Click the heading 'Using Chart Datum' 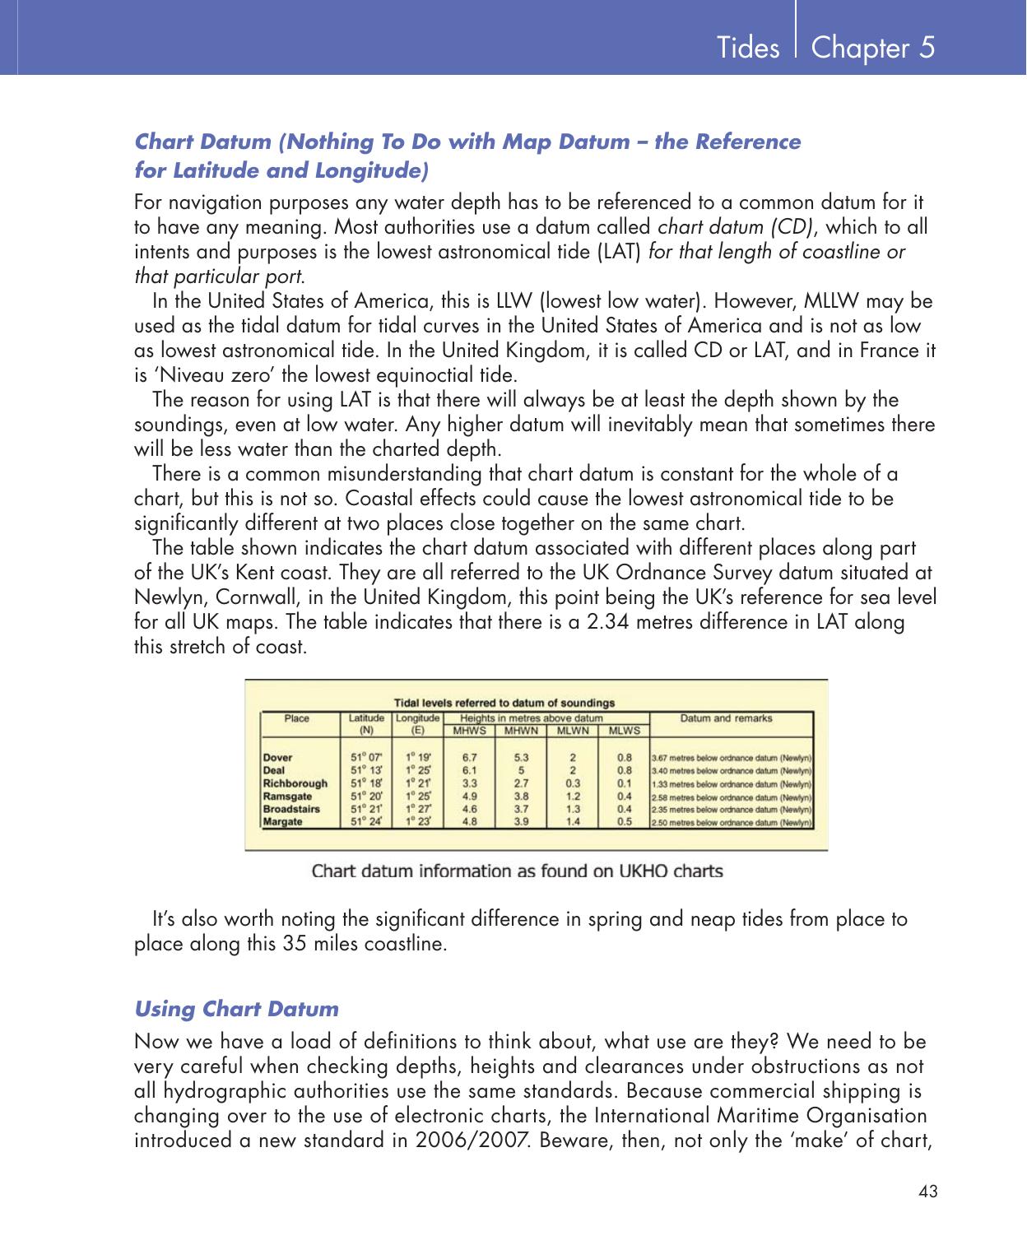pos(236,1009)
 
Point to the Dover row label pos(277,757)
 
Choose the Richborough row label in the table pos(295,783)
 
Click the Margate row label pos(282,821)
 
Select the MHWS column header pos(471,730)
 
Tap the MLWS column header pos(625,730)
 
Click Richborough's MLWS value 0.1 pos(625,783)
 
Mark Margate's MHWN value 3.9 pos(521,821)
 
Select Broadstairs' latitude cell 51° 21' pos(366,809)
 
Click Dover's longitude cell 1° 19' pos(417,757)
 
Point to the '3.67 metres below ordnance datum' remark pos(732,758)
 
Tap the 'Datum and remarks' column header pos(726,718)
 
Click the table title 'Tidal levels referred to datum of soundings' pos(504,703)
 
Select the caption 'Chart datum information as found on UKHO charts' pos(517,871)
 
